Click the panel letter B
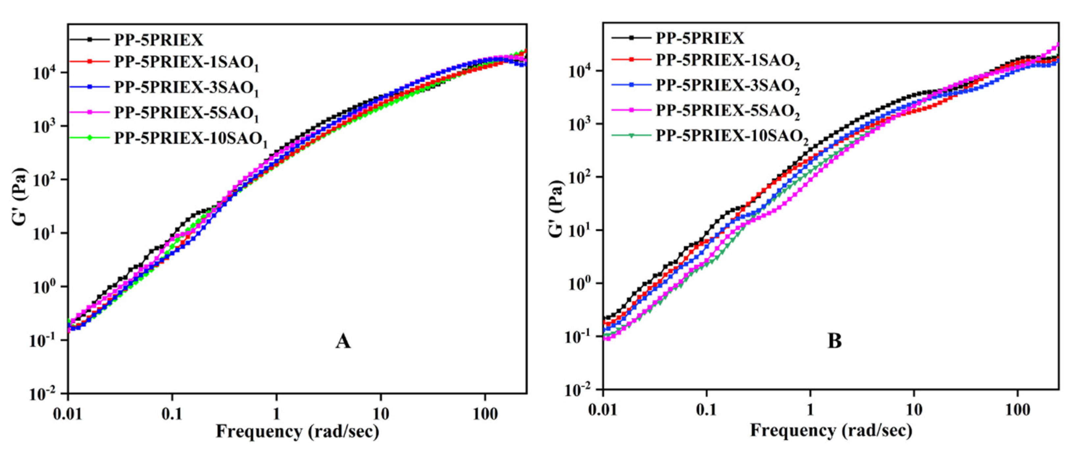(x=834, y=341)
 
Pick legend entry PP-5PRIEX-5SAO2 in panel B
(x=727, y=111)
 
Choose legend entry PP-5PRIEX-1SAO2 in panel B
(x=727, y=61)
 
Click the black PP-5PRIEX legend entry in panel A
(x=159, y=40)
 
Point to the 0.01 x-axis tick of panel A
(x=68, y=414)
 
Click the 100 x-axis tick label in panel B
(x=1017, y=410)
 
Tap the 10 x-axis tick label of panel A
(x=380, y=414)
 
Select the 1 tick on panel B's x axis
(x=810, y=410)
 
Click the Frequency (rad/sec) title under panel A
(x=297, y=432)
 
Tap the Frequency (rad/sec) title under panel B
(x=831, y=430)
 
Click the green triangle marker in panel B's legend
(x=631, y=136)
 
